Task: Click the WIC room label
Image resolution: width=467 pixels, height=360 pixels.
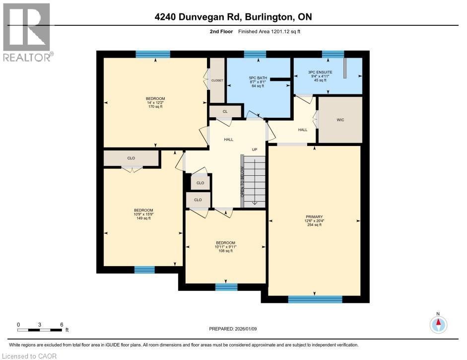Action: coord(340,120)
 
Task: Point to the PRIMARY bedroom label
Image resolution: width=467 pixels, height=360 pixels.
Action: coord(314,216)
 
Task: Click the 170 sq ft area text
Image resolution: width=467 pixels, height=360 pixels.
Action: coord(155,107)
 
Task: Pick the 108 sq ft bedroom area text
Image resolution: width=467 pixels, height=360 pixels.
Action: coord(225,251)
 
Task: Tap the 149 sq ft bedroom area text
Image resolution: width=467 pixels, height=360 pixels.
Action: coord(143,218)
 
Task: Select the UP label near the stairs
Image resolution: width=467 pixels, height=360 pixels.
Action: coord(255,149)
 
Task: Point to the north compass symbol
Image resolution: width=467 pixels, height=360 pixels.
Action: coord(438,324)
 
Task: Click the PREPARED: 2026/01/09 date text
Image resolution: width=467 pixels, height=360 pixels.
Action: coord(234,329)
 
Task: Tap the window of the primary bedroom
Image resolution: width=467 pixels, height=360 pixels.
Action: coord(315,299)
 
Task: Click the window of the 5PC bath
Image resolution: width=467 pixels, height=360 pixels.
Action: coord(255,54)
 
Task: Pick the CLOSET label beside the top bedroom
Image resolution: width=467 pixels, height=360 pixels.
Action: coord(217,80)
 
